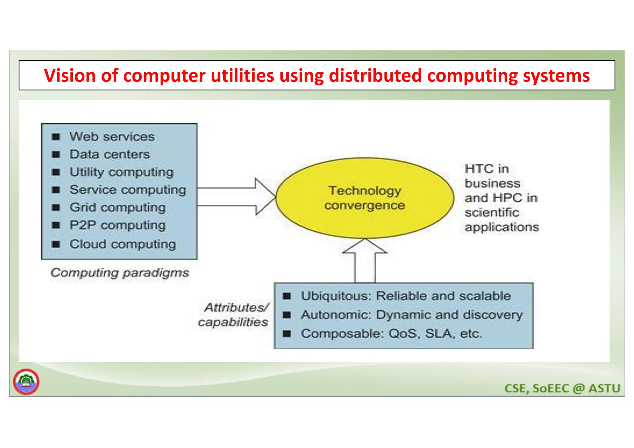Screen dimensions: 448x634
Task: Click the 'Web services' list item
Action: [x=112, y=137]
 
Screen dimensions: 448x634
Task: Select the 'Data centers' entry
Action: [x=110, y=154]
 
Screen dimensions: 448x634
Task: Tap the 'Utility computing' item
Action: [x=121, y=172]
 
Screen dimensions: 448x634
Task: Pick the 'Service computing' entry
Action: [x=128, y=189]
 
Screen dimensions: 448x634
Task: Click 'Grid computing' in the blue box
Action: [x=117, y=207]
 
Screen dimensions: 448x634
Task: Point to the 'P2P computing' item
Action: [x=117, y=225]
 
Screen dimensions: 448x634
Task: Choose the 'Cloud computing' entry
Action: [x=122, y=244]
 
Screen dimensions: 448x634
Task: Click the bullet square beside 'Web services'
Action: [x=56, y=137]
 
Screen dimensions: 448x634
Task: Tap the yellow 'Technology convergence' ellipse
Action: [x=365, y=198]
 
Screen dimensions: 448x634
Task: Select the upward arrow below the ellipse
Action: [x=365, y=262]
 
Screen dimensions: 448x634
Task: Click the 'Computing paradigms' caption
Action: [x=119, y=273]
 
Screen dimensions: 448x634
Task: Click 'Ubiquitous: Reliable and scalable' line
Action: [x=406, y=296]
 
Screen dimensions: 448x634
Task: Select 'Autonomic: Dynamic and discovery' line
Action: [x=411, y=315]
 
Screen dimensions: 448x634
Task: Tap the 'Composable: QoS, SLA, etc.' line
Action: [x=391, y=334]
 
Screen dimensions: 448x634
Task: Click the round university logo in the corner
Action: [x=26, y=382]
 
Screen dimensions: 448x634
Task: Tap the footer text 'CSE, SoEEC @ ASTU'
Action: [x=562, y=388]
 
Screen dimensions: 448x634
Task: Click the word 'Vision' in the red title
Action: [x=70, y=76]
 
